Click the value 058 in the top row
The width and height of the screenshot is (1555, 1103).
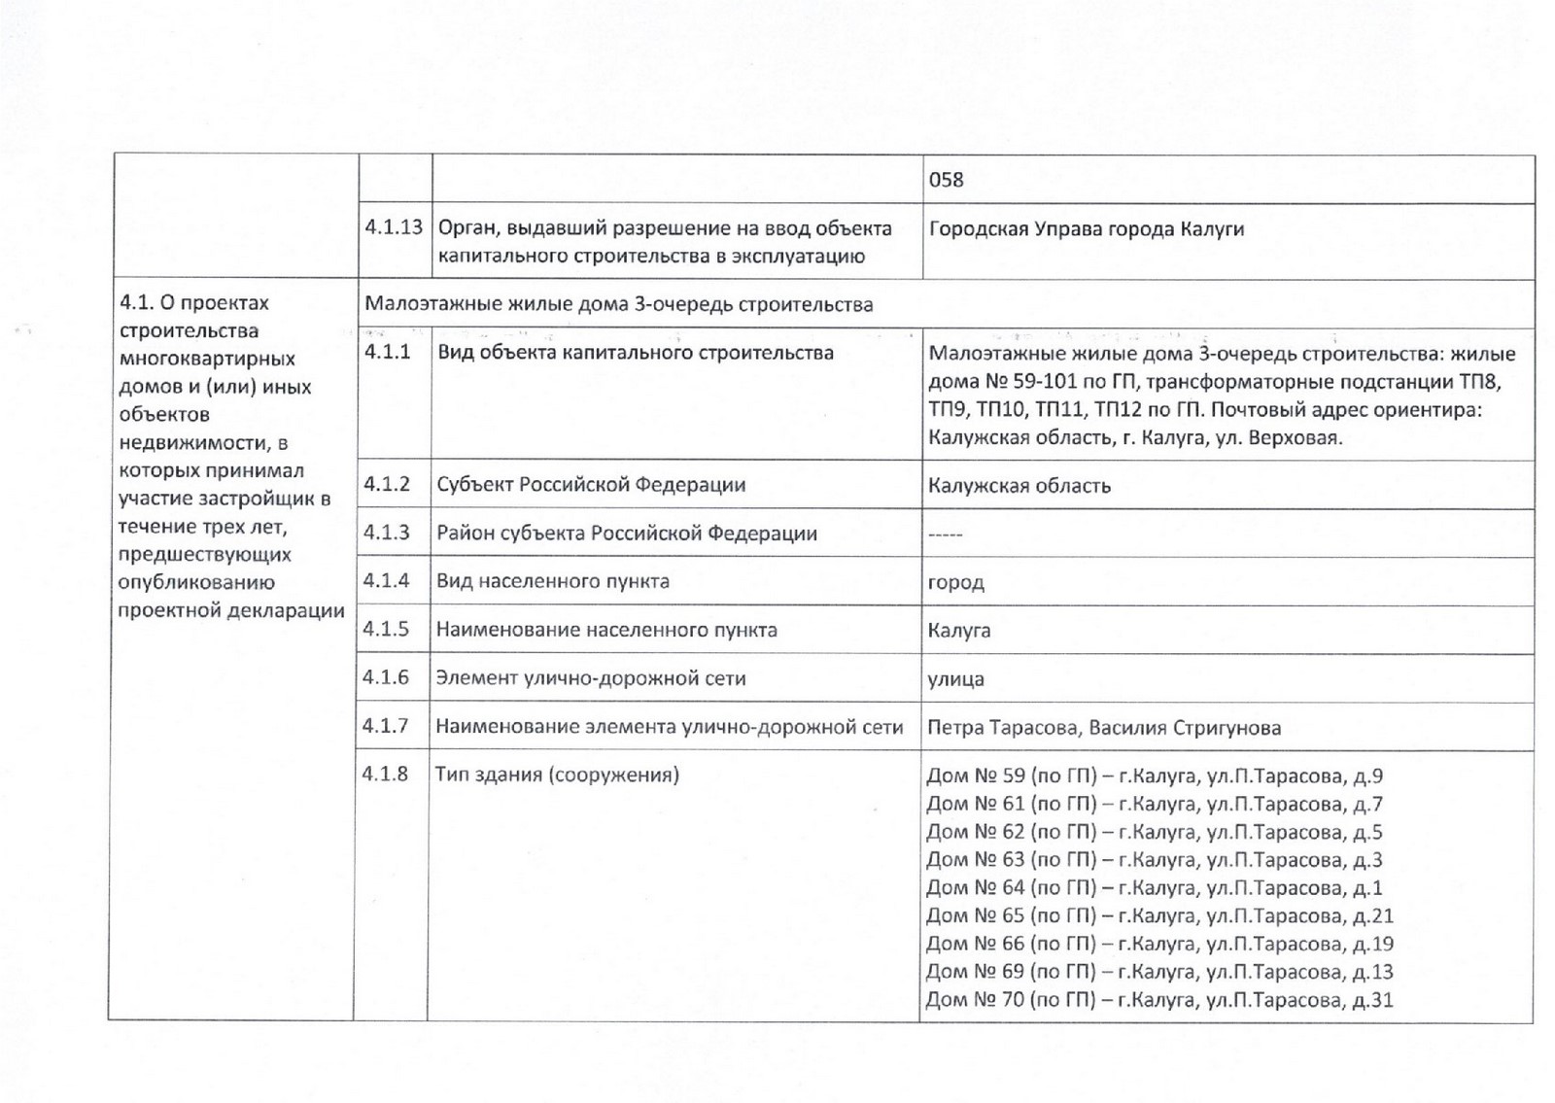pyautogui.click(x=946, y=180)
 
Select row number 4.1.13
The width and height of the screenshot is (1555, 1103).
pyautogui.click(x=394, y=227)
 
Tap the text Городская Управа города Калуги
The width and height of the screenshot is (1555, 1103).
pyautogui.click(x=1087, y=229)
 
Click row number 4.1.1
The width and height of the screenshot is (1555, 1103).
pyautogui.click(x=388, y=352)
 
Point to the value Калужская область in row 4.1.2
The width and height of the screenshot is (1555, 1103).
pyautogui.click(x=1019, y=486)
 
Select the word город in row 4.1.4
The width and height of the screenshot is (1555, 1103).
pyautogui.click(x=955, y=583)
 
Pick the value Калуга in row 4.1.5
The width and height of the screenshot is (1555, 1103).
pyautogui.click(x=959, y=631)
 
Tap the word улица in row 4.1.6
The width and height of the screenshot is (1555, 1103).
pyautogui.click(x=955, y=679)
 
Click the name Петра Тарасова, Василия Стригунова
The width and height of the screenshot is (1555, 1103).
pyautogui.click(x=1104, y=728)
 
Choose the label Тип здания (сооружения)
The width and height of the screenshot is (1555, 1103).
pyautogui.click(x=557, y=775)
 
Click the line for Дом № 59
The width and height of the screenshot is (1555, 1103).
pyautogui.click(x=1155, y=776)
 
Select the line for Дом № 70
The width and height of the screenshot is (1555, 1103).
pyautogui.click(x=1159, y=1000)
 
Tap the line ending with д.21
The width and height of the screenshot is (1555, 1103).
pyautogui.click(x=1159, y=915)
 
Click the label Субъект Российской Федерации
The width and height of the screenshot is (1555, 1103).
pyautogui.click(x=591, y=485)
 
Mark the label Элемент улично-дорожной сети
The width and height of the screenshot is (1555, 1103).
pyautogui.click(x=591, y=678)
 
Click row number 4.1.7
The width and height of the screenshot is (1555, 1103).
pyautogui.click(x=386, y=726)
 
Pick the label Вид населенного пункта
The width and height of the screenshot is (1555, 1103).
pyautogui.click(x=553, y=581)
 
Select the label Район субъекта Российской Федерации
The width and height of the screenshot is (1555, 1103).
pyautogui.click(x=627, y=534)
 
